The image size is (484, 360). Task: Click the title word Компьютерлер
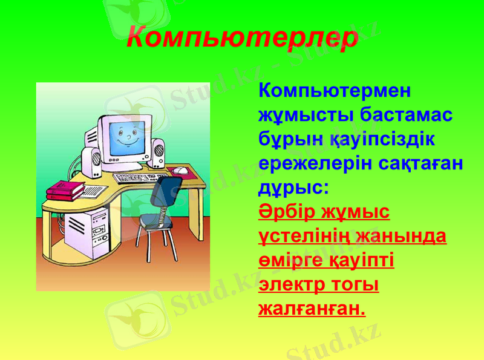point(242,38)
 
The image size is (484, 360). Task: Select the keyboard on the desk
point(140,178)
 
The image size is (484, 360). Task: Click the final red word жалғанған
point(312,309)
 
